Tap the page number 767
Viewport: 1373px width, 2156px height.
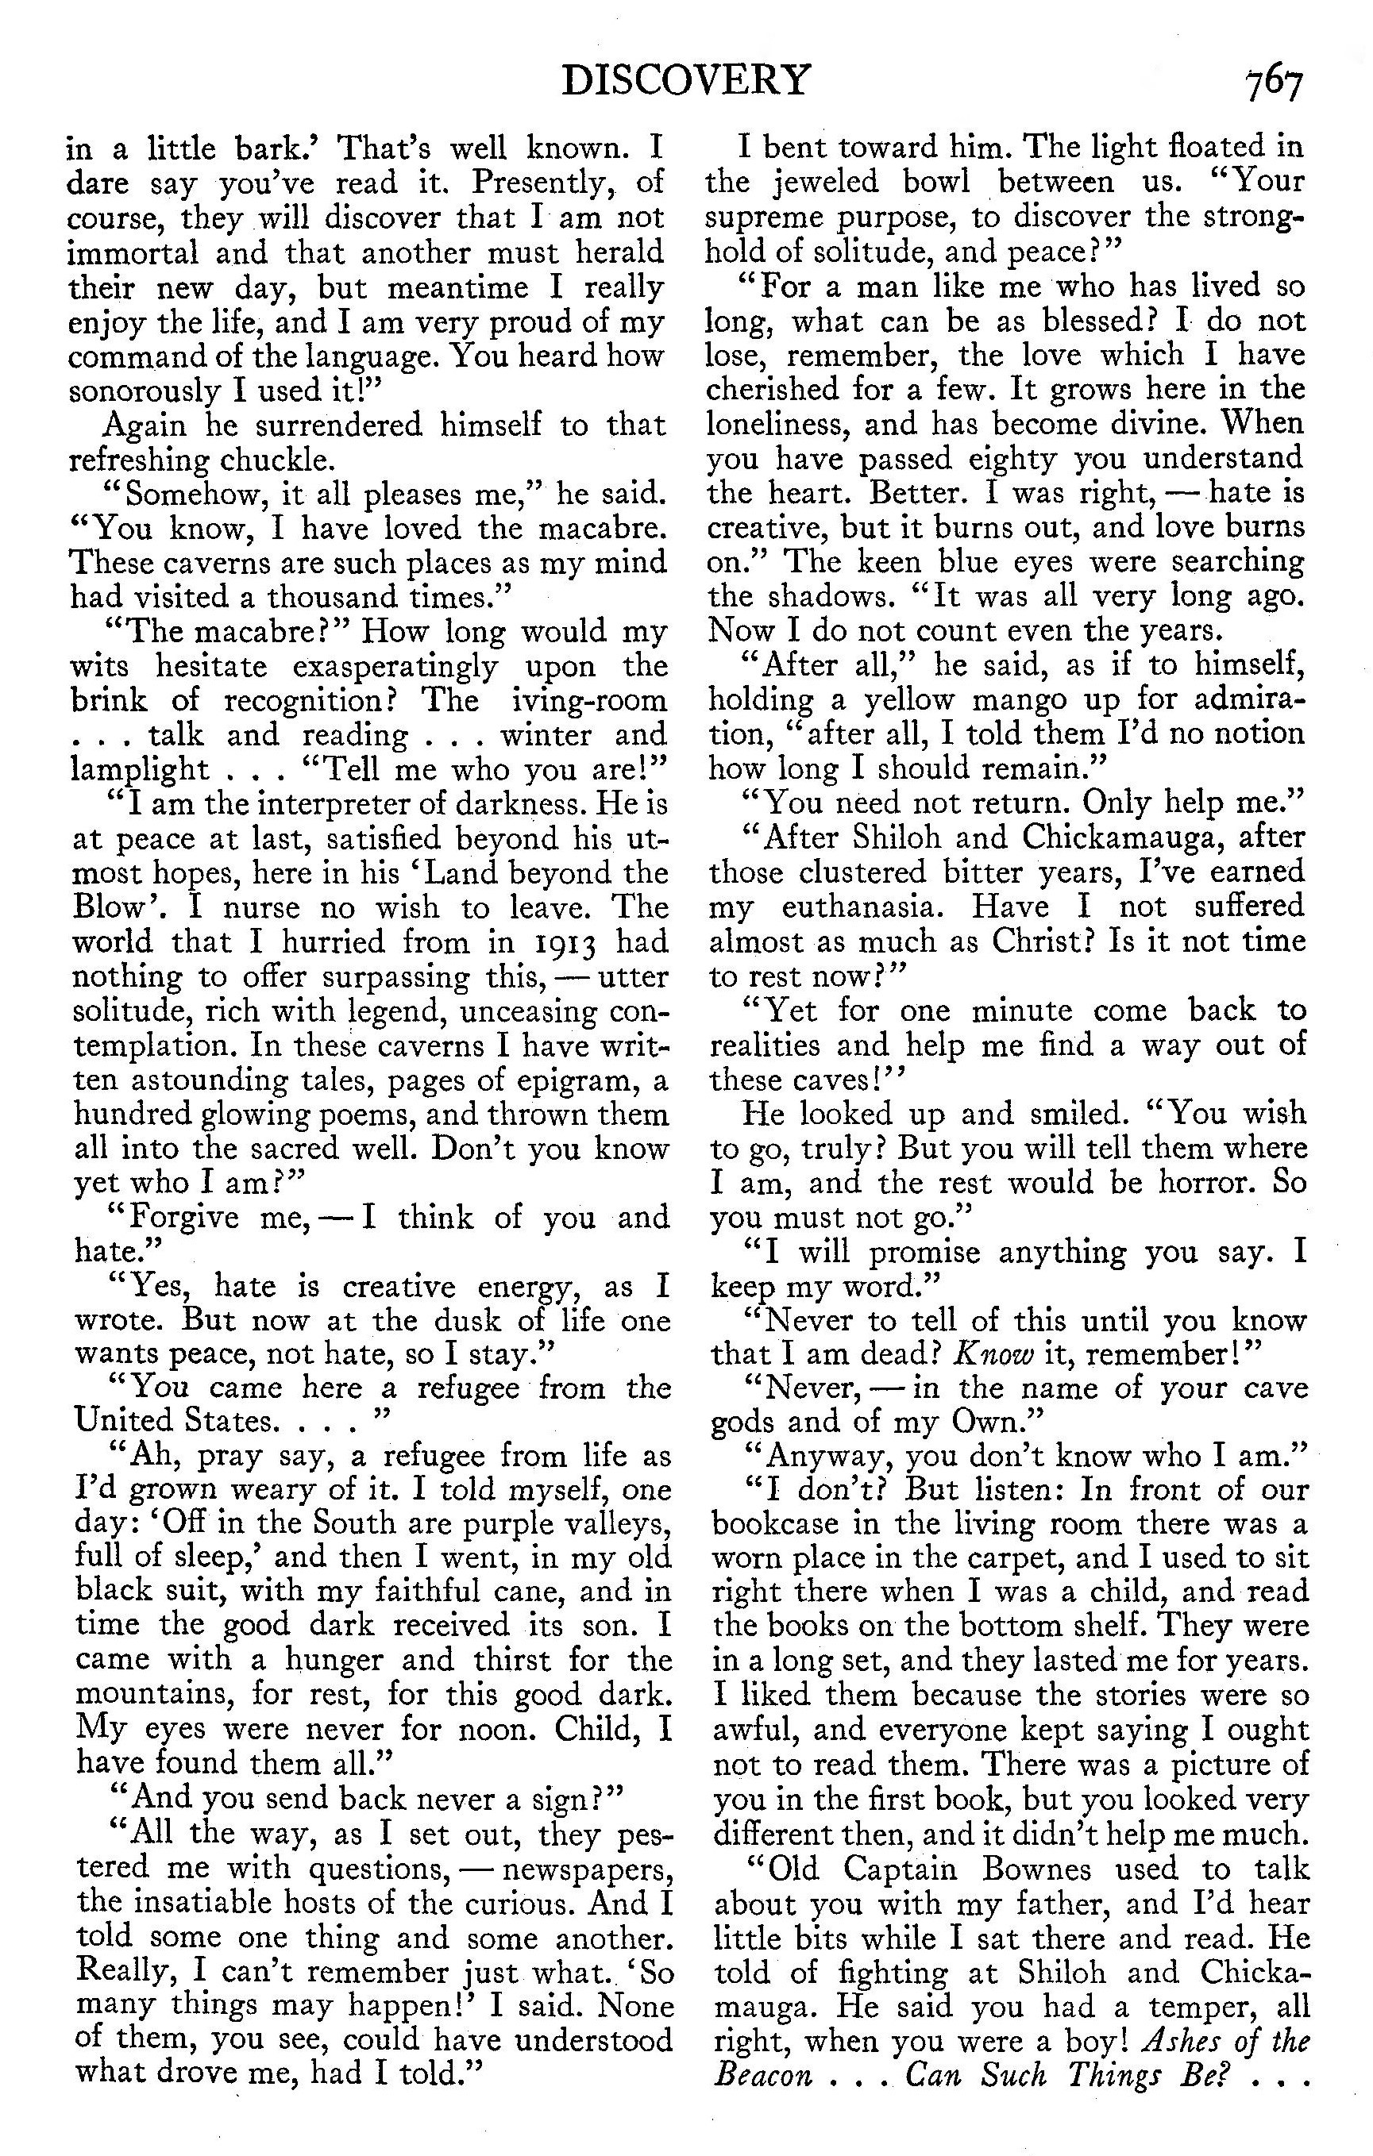pyautogui.click(x=1272, y=85)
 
